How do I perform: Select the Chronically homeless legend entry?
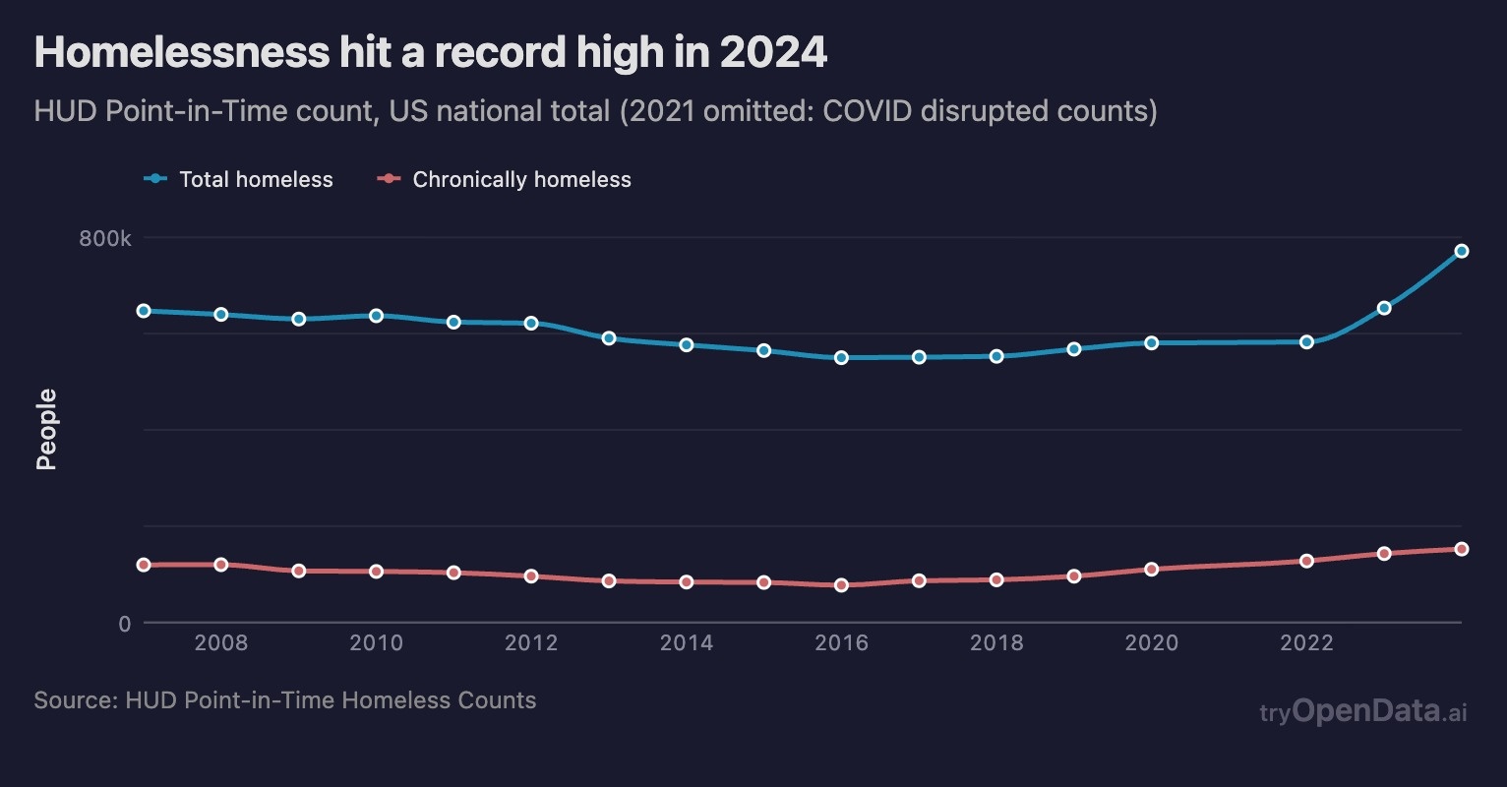click(x=506, y=179)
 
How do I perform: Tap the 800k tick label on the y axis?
click(x=105, y=239)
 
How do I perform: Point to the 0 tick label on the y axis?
click(x=124, y=624)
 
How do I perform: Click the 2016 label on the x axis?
click(x=841, y=643)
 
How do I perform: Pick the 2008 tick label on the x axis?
click(x=221, y=643)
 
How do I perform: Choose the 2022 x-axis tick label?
click(x=1306, y=643)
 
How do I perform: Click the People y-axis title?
click(x=46, y=430)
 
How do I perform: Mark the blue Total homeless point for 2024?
click(x=1462, y=251)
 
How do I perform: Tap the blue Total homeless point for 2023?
click(x=1384, y=308)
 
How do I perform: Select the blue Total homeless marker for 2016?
click(x=841, y=357)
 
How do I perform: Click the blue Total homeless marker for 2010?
click(x=376, y=316)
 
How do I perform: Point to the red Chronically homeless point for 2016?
click(x=841, y=585)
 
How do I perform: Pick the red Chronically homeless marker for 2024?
click(x=1462, y=549)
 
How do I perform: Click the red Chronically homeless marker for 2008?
click(x=221, y=565)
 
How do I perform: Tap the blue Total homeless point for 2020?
click(x=1151, y=343)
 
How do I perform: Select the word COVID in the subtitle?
click(x=867, y=110)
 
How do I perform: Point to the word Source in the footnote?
click(x=74, y=700)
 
